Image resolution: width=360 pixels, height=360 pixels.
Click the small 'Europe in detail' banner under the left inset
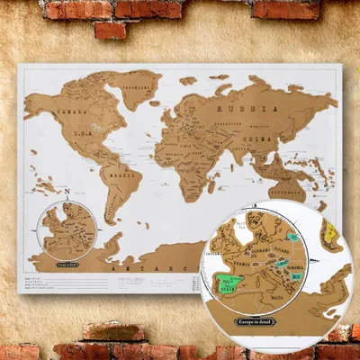tap(68, 265)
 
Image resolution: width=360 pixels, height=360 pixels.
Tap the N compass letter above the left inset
tap(67, 192)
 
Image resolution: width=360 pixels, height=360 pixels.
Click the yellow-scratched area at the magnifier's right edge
tap(329, 236)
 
